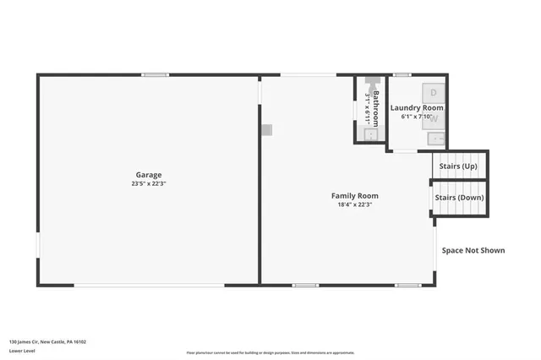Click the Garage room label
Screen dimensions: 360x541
point(149,175)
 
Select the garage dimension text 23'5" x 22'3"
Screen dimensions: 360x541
point(149,183)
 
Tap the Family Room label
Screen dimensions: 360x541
point(354,195)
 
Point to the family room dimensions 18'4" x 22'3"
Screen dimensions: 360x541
point(354,204)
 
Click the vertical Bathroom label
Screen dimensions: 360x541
point(376,99)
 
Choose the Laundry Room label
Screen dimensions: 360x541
point(417,108)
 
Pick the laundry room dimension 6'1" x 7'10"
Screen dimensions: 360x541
point(417,117)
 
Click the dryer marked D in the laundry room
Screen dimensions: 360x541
point(433,90)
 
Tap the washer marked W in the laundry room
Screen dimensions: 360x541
point(433,121)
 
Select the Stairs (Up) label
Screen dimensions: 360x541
point(458,166)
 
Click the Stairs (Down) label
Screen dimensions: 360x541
point(460,197)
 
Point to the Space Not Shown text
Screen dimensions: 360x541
point(473,250)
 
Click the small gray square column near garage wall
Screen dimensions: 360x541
point(266,129)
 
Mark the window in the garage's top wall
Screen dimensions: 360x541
point(155,75)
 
